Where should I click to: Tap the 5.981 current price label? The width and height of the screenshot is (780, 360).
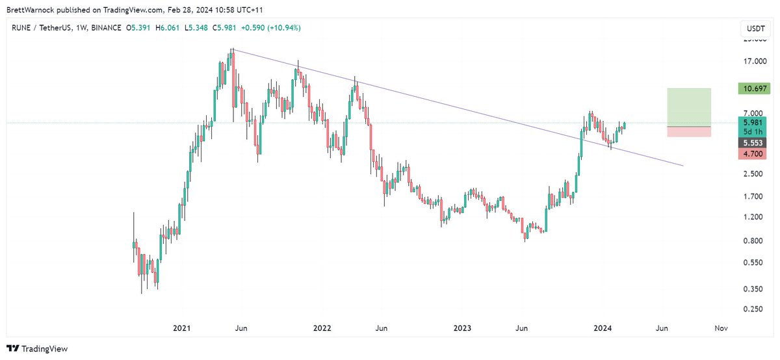coord(753,122)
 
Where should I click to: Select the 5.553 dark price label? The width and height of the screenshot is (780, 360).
coord(753,142)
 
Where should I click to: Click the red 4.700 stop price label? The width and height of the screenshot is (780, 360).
coord(753,154)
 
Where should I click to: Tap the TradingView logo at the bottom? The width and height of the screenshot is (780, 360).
coord(37,349)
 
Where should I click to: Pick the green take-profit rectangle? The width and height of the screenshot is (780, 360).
coord(689,107)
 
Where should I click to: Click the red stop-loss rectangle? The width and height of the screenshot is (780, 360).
coord(689,131)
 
